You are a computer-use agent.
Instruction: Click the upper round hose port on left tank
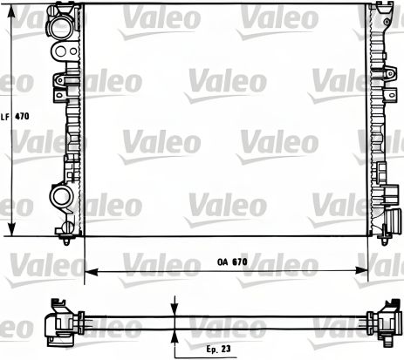coord(61,27)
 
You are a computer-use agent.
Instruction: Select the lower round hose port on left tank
coord(61,197)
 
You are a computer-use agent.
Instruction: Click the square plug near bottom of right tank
coord(387,231)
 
